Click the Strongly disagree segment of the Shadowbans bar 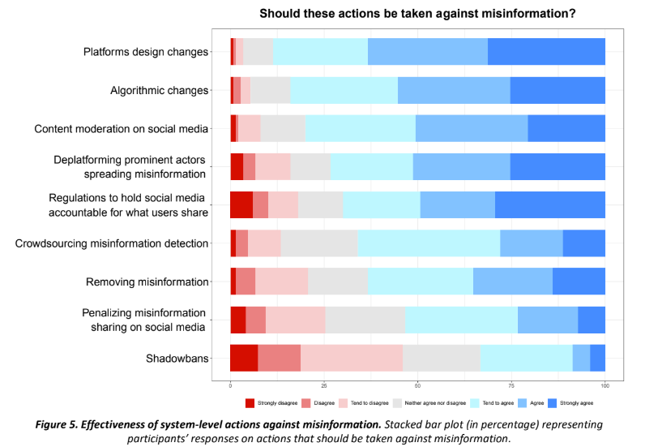(244, 358)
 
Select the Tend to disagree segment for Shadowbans (352, 358)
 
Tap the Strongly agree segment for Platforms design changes (546, 52)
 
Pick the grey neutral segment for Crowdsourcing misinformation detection (319, 243)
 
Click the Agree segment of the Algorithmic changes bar (454, 90)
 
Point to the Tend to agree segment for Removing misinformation (421, 282)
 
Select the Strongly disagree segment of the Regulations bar (241, 204)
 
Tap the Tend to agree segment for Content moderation (361, 128)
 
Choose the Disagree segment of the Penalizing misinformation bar (256, 320)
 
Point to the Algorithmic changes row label (160, 91)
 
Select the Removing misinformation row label (147, 282)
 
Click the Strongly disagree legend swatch (250, 402)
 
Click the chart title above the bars (417, 14)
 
